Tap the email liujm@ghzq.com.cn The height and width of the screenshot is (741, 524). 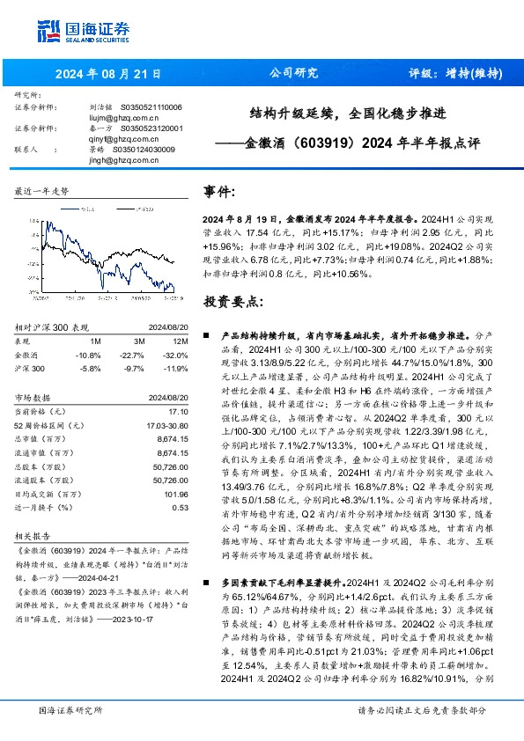(123, 115)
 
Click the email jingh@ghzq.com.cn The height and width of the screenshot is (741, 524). (123, 161)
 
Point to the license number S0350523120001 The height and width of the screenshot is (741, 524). (151, 128)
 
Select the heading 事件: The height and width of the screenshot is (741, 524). (219, 192)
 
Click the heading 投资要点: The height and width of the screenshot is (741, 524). (232, 301)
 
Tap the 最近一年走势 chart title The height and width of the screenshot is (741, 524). (42, 191)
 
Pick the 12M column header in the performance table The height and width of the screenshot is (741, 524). (181, 340)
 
